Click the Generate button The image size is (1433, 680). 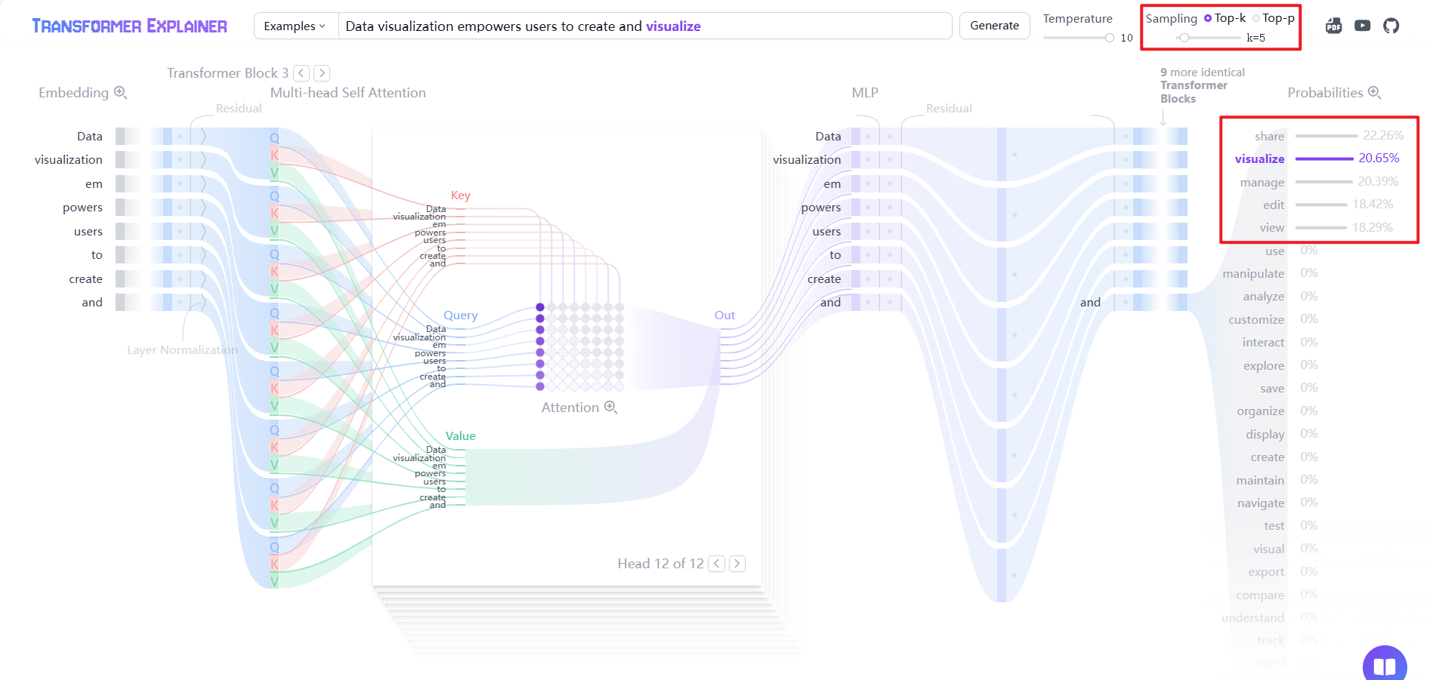click(x=994, y=26)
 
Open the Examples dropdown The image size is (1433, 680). click(x=295, y=26)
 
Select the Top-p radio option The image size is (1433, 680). click(x=1256, y=18)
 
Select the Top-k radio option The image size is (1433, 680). click(x=1208, y=18)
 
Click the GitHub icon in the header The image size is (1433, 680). click(x=1391, y=26)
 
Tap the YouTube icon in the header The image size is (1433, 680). click(x=1362, y=26)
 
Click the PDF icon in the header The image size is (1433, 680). click(x=1333, y=26)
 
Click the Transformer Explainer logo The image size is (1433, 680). click(x=129, y=26)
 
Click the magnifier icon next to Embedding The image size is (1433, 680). click(x=120, y=93)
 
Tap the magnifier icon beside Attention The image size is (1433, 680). click(x=610, y=408)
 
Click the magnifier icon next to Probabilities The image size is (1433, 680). click(x=1374, y=93)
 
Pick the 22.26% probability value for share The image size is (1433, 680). click(x=1383, y=136)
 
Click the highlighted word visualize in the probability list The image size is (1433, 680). click(x=1259, y=158)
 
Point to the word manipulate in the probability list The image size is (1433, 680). click(x=1253, y=274)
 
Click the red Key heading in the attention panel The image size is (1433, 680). click(x=460, y=195)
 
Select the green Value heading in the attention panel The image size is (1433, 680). click(x=460, y=436)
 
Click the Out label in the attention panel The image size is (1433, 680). click(x=724, y=315)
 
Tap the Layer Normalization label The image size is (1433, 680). click(x=182, y=350)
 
